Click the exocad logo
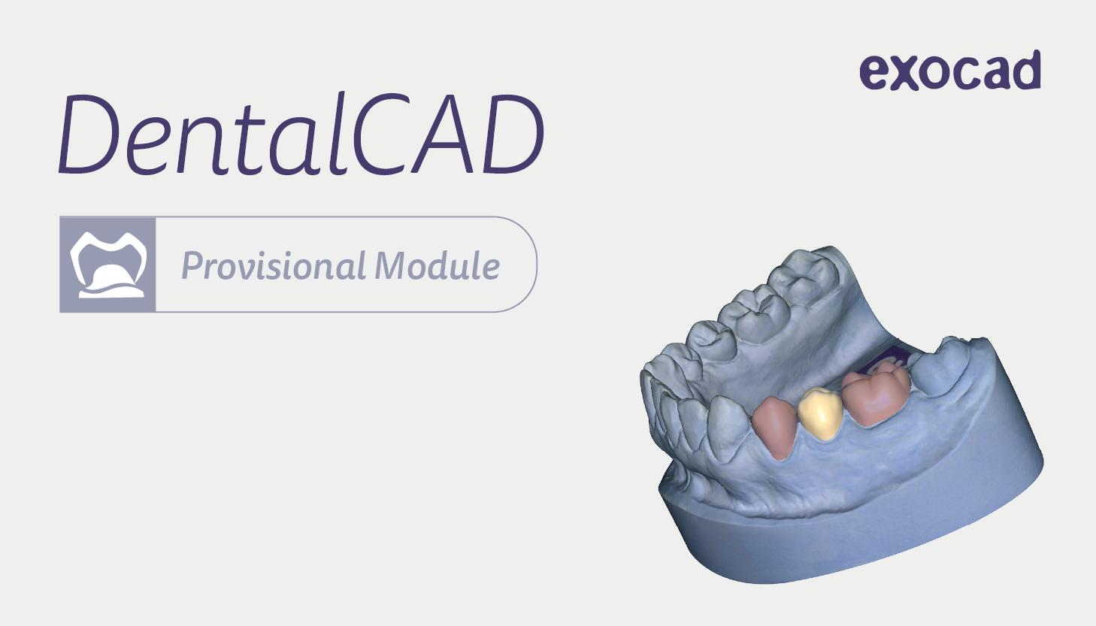pyautogui.click(x=949, y=71)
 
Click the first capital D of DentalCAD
pyautogui.click(x=89, y=134)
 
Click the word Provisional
pyautogui.click(x=274, y=266)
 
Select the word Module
pyautogui.click(x=437, y=265)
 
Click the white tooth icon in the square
pyautogui.click(x=108, y=265)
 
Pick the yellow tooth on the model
pyautogui.click(x=820, y=414)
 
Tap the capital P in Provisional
pyautogui.click(x=192, y=266)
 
